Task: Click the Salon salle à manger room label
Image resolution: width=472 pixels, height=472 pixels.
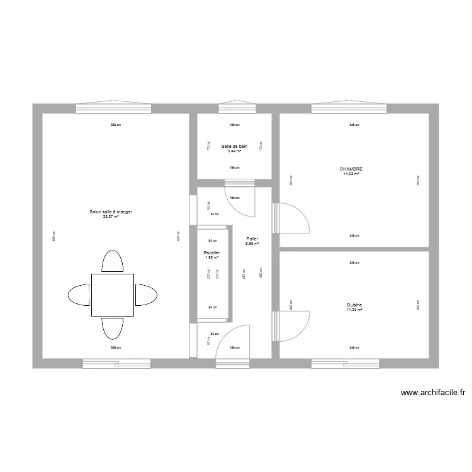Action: point(111,212)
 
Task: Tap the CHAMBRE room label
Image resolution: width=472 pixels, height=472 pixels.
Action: point(351,169)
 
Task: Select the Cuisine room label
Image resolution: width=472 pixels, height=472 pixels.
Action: point(354,305)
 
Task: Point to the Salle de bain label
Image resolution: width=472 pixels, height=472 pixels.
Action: point(234,146)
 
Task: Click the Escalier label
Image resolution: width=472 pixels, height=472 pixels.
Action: point(211,252)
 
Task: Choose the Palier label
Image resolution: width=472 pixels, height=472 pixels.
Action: point(252,239)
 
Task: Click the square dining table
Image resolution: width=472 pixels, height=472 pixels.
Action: point(113,295)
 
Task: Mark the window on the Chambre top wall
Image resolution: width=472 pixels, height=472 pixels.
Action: point(349,108)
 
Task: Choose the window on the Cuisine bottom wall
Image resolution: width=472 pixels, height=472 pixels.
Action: point(345,363)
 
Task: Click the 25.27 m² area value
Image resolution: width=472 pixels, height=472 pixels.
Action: point(111,217)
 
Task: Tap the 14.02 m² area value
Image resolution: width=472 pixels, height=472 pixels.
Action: point(351,174)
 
